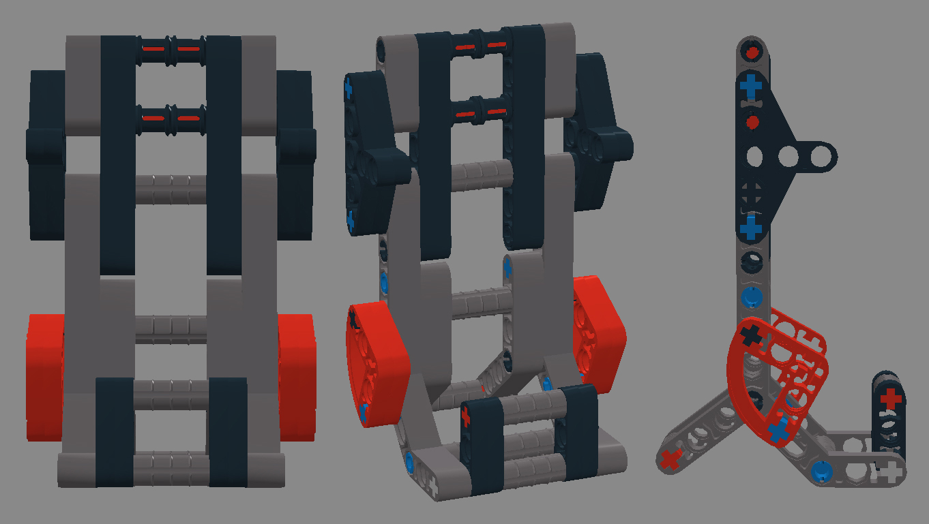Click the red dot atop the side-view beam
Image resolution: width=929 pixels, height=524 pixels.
[x=752, y=51]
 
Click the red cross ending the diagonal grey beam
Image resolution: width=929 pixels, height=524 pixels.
[x=671, y=459]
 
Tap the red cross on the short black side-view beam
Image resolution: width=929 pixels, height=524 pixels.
[x=889, y=398]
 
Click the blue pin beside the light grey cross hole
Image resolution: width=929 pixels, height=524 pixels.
[x=821, y=470]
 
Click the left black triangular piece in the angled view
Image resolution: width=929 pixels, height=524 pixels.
[x=372, y=150]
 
